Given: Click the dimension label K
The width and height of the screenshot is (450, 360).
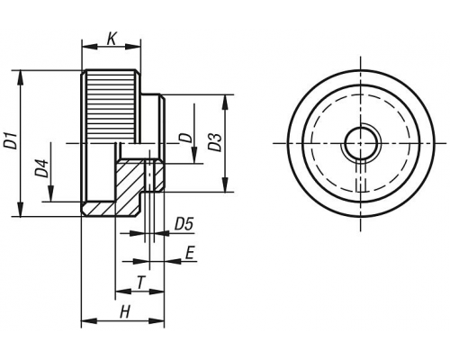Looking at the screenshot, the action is click(x=112, y=39).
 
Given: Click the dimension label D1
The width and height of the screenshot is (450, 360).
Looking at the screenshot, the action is click(x=12, y=139).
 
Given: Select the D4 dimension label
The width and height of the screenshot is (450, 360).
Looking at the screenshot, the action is click(x=42, y=168).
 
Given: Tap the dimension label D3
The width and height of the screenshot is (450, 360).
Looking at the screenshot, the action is click(x=215, y=142).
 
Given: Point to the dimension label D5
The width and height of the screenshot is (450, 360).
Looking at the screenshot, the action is click(x=184, y=224).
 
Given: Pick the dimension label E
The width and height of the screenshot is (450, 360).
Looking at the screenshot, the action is click(x=190, y=253).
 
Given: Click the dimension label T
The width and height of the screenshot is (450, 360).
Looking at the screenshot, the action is click(x=140, y=283).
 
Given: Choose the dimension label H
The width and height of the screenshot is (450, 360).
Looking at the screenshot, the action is click(x=125, y=312).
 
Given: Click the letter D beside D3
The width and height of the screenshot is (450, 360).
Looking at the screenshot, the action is click(x=185, y=138).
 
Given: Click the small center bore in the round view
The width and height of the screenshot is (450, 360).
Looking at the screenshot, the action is click(x=360, y=143).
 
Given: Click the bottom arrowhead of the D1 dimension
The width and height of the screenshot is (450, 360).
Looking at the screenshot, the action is click(x=20, y=209).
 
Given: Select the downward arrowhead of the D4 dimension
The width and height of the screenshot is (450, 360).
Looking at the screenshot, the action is click(x=51, y=194).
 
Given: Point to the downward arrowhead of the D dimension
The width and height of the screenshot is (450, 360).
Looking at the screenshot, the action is click(x=194, y=157).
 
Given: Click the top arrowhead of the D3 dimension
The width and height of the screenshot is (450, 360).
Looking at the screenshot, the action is click(x=225, y=102).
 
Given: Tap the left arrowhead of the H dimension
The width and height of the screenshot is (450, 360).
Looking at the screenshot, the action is click(x=89, y=321).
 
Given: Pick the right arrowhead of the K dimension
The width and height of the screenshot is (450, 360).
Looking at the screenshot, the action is click(x=133, y=47).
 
